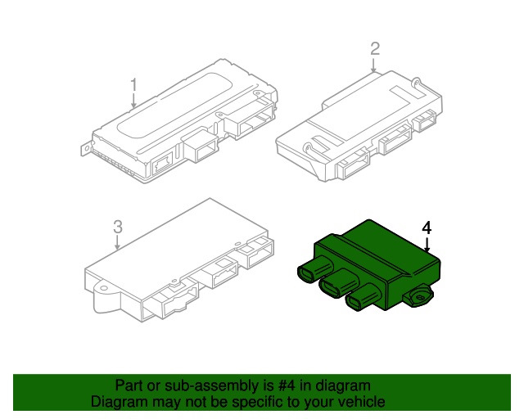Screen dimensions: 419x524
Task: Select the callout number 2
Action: (374, 49)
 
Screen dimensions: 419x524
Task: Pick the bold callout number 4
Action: (427, 227)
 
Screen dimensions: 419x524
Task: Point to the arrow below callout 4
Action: (427, 243)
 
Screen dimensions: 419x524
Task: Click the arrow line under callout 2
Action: (374, 65)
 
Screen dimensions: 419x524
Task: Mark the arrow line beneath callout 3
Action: (117, 241)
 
